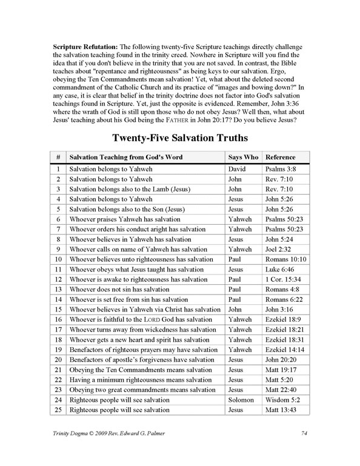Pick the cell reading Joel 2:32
279,249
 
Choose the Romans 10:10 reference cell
284,259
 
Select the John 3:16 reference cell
279,308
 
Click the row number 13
58,288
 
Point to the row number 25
58,410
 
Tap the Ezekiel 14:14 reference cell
285,350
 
